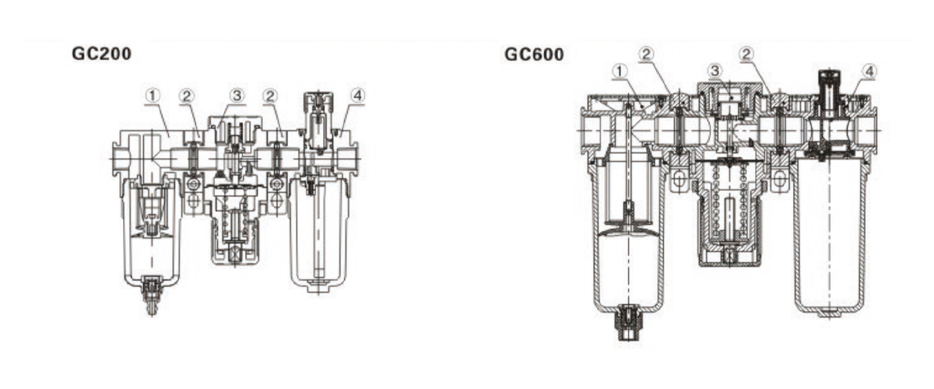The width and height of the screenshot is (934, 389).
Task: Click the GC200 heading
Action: click(x=102, y=54)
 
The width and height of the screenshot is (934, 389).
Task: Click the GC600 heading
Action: click(x=534, y=54)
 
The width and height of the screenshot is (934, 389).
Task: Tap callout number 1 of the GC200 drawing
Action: click(x=153, y=96)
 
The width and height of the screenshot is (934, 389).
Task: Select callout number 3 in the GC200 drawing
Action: click(x=237, y=96)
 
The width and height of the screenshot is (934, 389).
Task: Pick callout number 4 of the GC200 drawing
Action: click(x=357, y=96)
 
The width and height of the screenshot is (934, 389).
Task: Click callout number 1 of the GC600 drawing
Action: click(x=620, y=72)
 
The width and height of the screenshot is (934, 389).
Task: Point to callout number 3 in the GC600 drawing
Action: click(x=715, y=71)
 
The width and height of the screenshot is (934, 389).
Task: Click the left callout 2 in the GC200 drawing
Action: click(x=186, y=96)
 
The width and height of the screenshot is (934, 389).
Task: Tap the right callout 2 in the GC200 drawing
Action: click(x=270, y=96)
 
